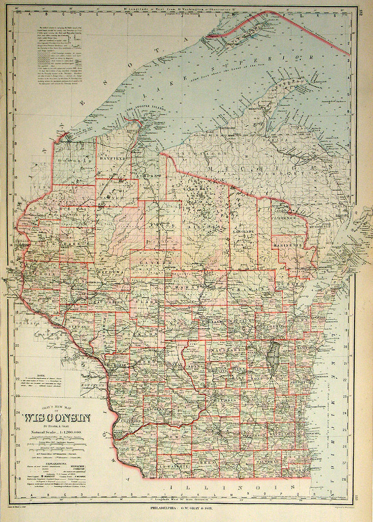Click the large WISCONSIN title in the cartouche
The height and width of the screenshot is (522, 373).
click(56, 418)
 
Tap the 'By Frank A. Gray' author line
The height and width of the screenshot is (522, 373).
click(55, 427)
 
